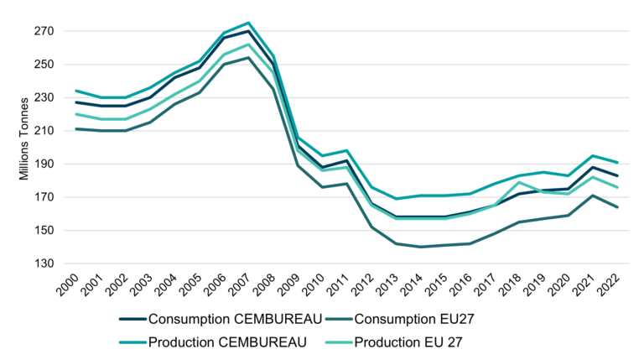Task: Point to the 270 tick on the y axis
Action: click(42, 31)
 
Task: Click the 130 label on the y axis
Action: click(42, 263)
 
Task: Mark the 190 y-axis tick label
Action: click(42, 164)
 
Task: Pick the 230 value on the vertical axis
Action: click(42, 97)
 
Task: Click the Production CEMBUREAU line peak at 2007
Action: click(249, 23)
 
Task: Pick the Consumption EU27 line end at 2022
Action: click(619, 207)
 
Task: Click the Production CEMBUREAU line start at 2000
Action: click(75, 91)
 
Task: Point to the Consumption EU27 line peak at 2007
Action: click(249, 58)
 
